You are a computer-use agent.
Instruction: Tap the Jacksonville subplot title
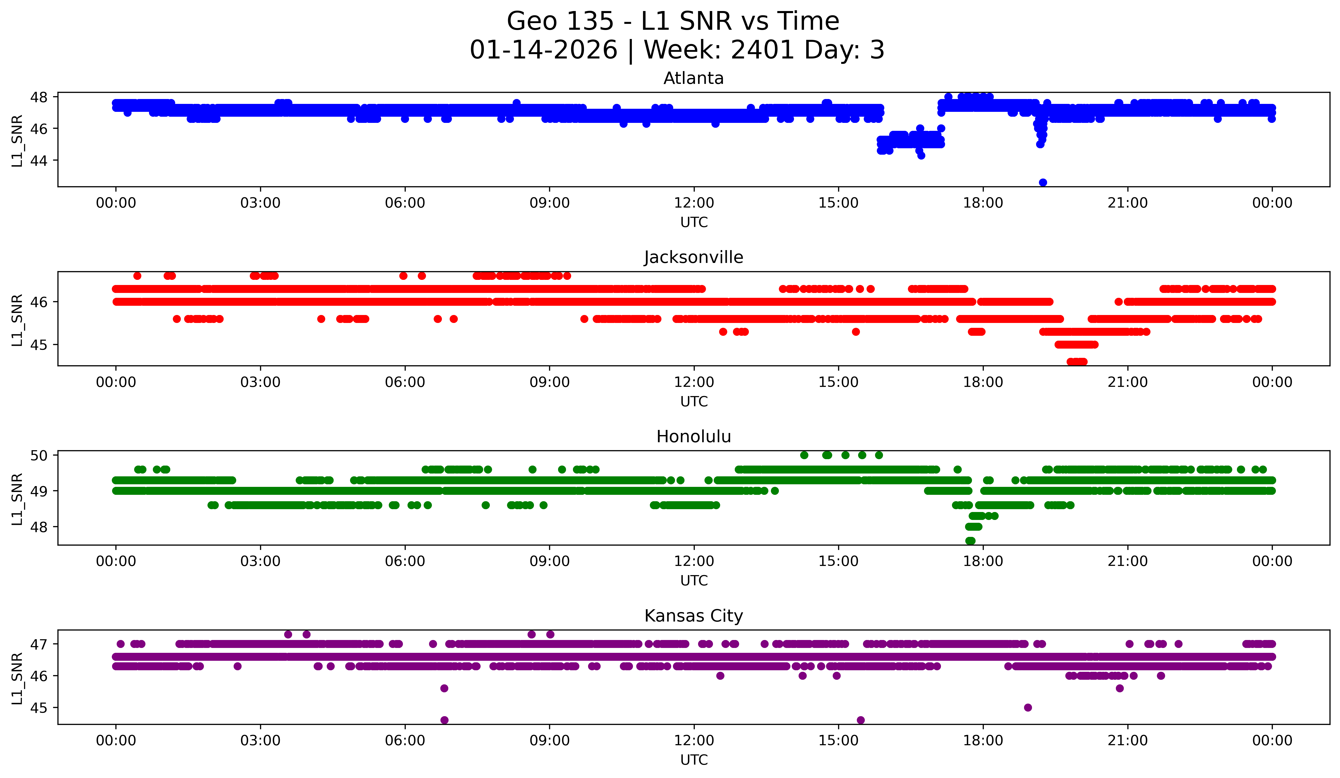[x=693, y=257]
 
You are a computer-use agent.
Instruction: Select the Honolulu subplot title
[x=693, y=437]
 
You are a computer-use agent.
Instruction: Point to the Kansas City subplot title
[x=693, y=616]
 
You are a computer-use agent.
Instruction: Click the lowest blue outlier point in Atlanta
[x=1043, y=182]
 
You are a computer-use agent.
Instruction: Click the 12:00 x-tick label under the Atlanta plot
[x=694, y=203]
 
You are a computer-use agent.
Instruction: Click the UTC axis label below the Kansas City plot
[x=694, y=760]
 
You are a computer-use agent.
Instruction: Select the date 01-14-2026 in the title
[x=543, y=50]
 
